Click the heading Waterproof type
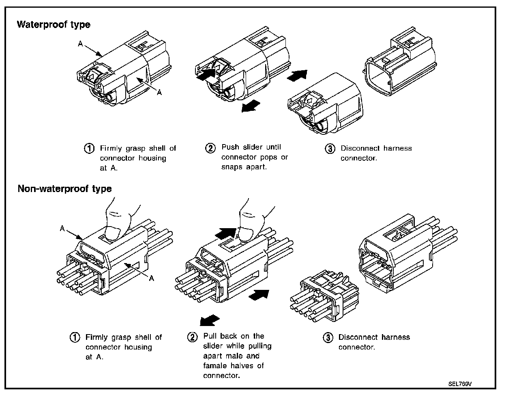[53, 25]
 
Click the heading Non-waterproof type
[64, 189]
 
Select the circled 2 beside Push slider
[210, 148]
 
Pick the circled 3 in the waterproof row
[330, 149]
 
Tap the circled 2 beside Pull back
[192, 337]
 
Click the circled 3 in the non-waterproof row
[328, 337]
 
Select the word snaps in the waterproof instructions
[232, 167]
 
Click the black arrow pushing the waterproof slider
[206, 73]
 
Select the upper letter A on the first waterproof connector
[81, 44]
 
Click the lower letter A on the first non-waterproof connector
[151, 278]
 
